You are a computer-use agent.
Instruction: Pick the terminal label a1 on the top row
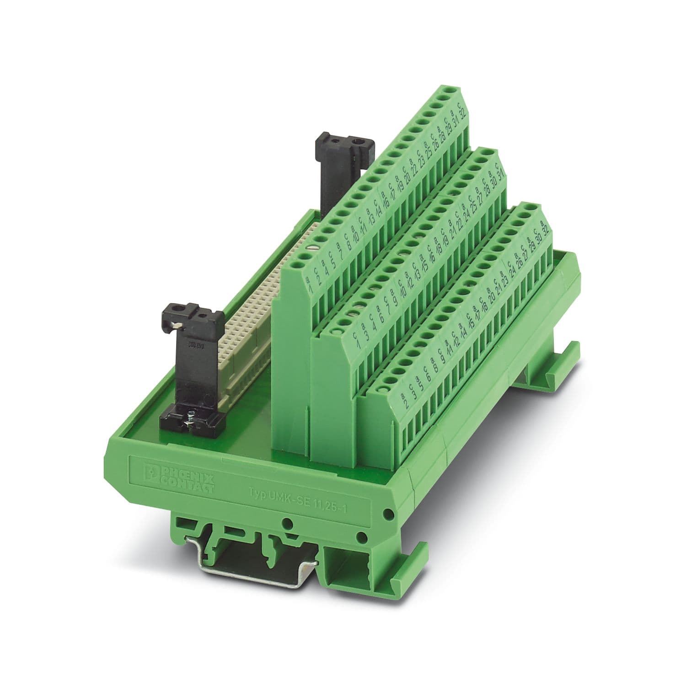(x=309, y=285)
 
